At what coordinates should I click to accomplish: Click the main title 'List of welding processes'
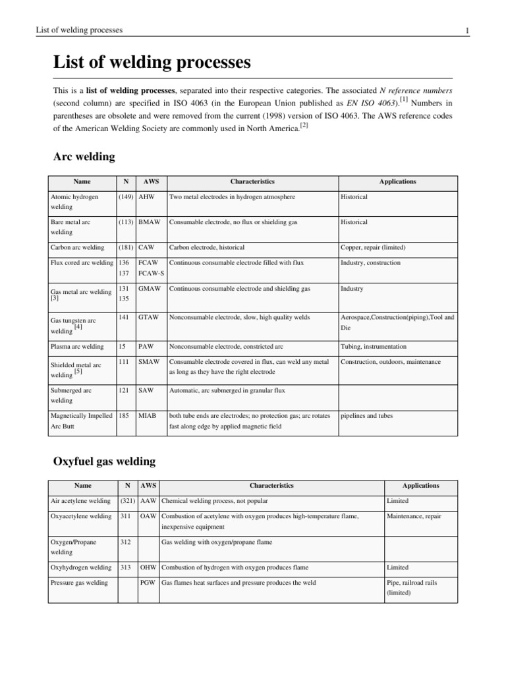click(152, 63)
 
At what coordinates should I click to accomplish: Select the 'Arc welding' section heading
click(84, 156)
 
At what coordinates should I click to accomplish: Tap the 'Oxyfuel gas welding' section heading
click(104, 461)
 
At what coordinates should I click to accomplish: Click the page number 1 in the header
click(466, 30)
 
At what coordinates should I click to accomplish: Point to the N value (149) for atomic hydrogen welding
click(126, 197)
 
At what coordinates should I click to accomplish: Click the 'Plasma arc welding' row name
click(77, 346)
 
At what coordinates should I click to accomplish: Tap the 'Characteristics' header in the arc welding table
click(252, 181)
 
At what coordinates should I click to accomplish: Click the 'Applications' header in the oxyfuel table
click(420, 486)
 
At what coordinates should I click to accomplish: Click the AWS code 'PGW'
click(148, 583)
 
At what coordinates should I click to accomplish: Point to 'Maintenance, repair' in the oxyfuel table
click(414, 516)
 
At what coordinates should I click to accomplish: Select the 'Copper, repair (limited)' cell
click(373, 247)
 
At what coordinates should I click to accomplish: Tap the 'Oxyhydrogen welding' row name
click(81, 567)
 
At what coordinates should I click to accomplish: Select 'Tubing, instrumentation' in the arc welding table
click(374, 346)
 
